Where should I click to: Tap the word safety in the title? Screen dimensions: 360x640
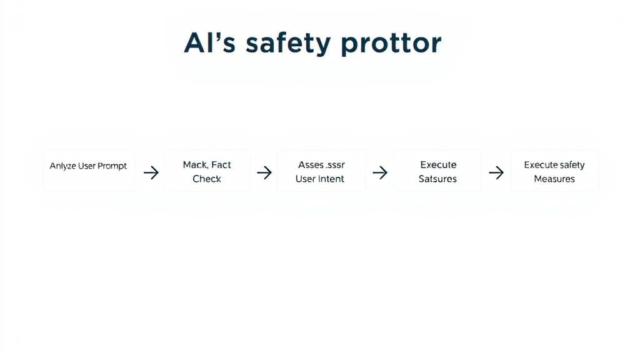[x=287, y=44]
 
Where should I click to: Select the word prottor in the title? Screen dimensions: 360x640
[x=391, y=43]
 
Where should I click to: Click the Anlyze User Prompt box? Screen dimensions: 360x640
[x=88, y=171]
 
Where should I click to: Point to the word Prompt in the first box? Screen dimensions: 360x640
[x=112, y=166]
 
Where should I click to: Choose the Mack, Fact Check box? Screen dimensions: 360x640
[x=207, y=171]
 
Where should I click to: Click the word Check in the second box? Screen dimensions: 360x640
[x=207, y=179]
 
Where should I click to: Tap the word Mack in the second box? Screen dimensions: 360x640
[x=195, y=165]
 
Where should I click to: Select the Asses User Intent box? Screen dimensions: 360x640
[x=321, y=171]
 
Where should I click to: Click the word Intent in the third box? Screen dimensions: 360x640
[x=332, y=179]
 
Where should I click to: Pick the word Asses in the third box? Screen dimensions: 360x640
[x=310, y=165]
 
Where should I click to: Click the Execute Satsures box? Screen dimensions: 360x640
[x=437, y=171]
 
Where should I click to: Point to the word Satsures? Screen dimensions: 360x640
[x=437, y=179]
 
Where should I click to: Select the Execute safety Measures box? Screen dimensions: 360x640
[x=554, y=171]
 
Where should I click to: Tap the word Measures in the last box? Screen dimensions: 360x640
[x=554, y=179]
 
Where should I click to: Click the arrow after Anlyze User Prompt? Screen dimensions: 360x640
[x=151, y=173]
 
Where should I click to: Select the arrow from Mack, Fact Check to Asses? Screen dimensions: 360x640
[x=264, y=172]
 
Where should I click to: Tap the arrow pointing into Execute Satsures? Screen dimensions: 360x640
[x=380, y=172]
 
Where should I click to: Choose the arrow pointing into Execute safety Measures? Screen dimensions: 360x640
[x=496, y=172]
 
